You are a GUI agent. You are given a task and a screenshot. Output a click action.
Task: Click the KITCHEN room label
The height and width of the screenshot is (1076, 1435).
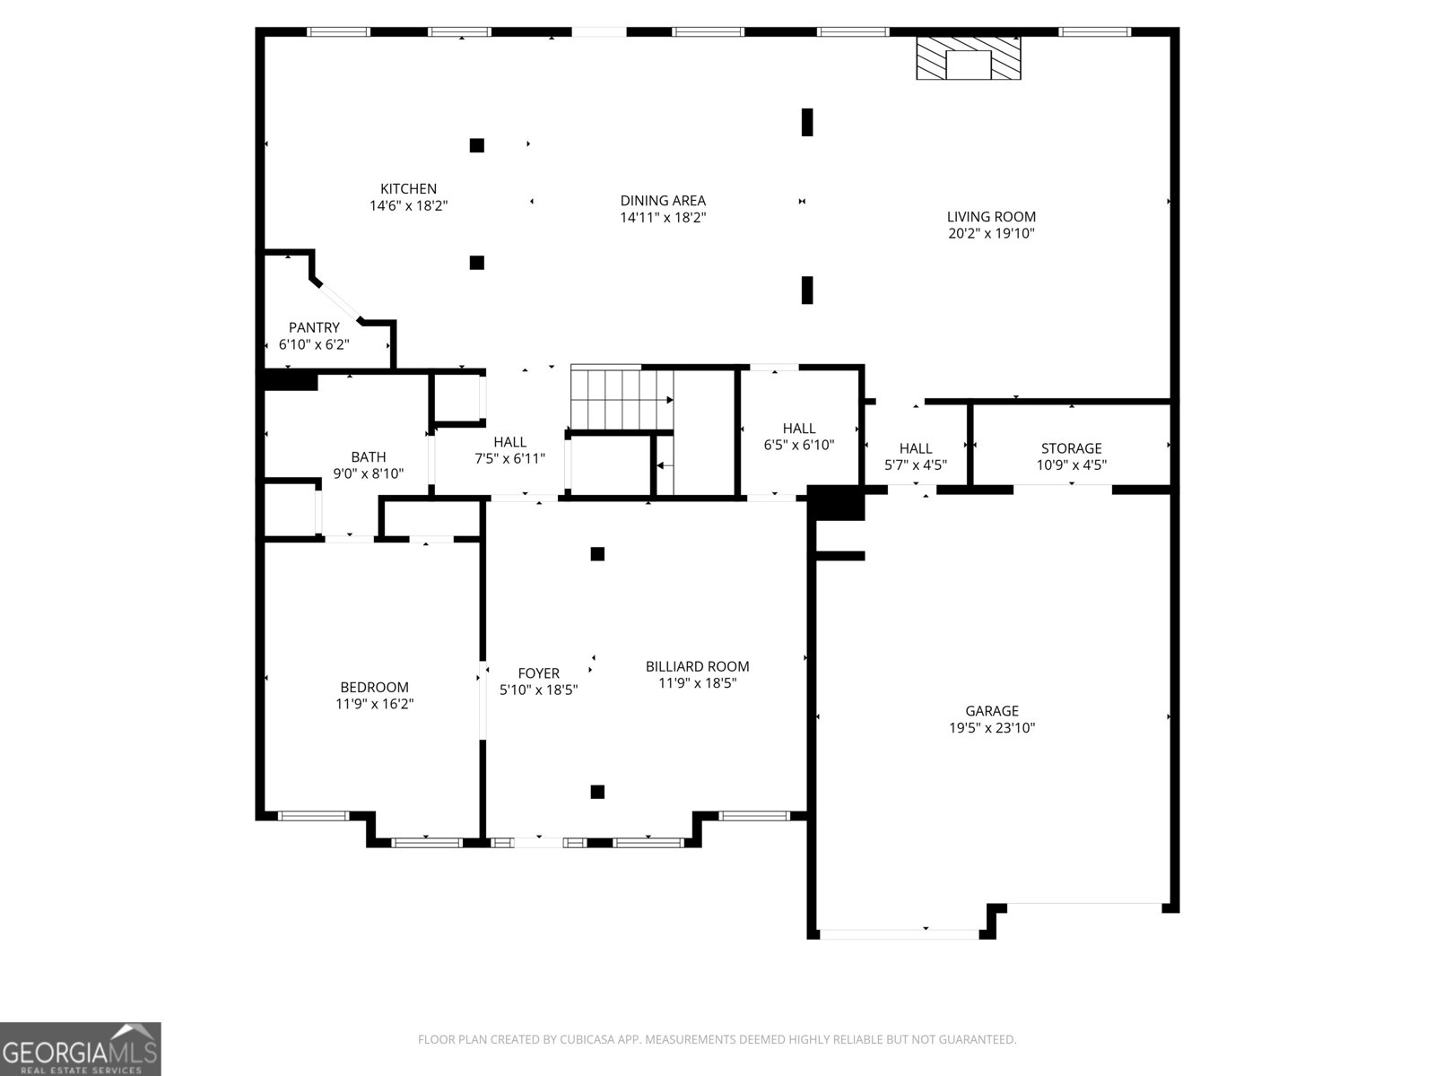tap(409, 189)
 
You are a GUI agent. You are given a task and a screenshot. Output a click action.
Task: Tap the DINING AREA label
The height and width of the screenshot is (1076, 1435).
tap(663, 201)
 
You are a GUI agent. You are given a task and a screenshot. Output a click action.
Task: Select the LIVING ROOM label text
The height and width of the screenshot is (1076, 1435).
tap(991, 217)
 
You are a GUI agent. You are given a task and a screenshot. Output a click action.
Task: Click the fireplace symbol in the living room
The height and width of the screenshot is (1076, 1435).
tap(969, 58)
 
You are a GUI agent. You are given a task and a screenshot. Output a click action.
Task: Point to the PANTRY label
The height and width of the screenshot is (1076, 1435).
tap(314, 327)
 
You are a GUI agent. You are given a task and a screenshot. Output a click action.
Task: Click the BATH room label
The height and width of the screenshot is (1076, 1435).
tap(368, 456)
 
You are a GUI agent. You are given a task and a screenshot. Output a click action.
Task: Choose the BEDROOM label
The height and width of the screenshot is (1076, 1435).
tap(374, 687)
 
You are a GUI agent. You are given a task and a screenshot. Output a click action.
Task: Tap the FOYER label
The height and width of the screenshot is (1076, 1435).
tap(539, 672)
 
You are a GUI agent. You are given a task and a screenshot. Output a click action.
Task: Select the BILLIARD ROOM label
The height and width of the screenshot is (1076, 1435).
tap(698, 666)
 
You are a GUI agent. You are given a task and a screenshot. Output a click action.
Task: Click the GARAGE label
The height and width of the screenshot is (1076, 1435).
tap(992, 711)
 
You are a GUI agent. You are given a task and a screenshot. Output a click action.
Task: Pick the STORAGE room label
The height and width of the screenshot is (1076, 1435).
tap(1072, 448)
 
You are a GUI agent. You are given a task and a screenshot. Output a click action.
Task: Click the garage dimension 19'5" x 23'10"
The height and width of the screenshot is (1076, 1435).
tap(992, 728)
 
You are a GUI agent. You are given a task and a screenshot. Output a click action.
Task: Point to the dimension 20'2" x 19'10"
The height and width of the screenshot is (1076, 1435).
tap(991, 233)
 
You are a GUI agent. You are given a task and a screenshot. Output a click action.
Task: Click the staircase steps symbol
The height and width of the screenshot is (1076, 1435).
tap(622, 399)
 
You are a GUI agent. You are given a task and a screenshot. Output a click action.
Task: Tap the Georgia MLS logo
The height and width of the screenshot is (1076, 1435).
tap(81, 1048)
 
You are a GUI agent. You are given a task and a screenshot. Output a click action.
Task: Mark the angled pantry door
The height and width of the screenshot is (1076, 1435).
tap(338, 301)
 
